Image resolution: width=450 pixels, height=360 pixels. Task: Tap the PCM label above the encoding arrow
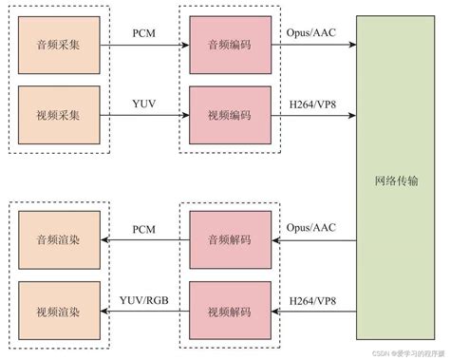143,33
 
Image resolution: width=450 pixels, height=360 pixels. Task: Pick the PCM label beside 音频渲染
143,228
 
